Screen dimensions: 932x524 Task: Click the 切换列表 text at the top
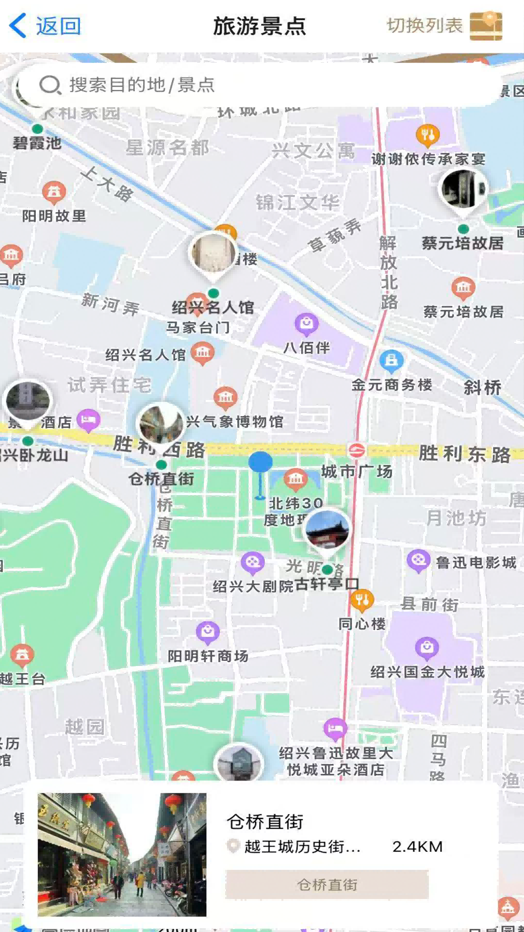click(x=425, y=26)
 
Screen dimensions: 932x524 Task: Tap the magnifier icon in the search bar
click(x=49, y=85)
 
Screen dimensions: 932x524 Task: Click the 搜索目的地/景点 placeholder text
click(x=142, y=85)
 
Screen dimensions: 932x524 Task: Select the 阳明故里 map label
click(x=54, y=216)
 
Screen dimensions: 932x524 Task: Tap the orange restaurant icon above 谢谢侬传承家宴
click(x=427, y=135)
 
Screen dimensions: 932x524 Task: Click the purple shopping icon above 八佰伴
click(x=306, y=323)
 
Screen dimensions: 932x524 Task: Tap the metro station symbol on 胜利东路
click(x=357, y=450)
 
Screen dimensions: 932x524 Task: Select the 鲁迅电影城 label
click(x=475, y=563)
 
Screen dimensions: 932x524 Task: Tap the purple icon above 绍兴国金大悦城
click(x=427, y=648)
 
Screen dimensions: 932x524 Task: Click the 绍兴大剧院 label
click(x=253, y=586)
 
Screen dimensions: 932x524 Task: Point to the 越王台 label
click(x=22, y=679)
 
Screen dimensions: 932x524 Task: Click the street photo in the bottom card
click(x=122, y=854)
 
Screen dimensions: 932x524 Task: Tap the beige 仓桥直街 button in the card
click(x=327, y=884)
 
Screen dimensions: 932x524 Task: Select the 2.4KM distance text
click(x=417, y=847)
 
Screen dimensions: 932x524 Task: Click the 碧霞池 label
click(x=37, y=143)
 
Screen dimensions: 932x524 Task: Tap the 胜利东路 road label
click(x=464, y=454)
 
